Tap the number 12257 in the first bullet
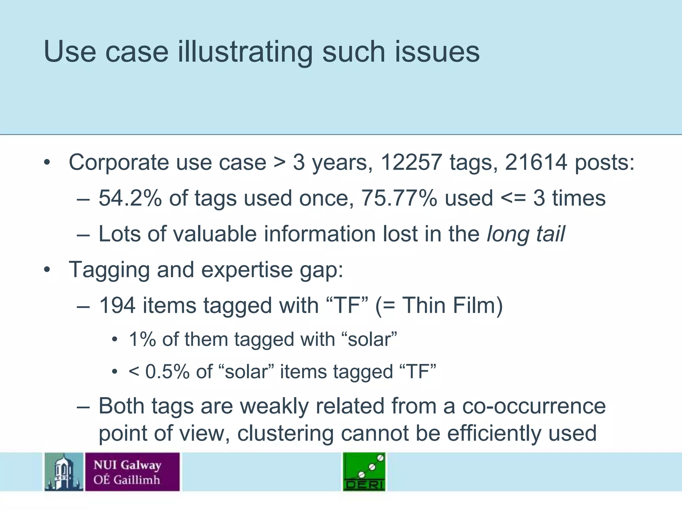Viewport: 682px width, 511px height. pos(411,163)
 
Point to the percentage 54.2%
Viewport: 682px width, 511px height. pos(130,198)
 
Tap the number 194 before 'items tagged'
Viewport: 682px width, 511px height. pos(117,305)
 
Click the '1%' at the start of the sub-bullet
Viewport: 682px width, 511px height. pos(142,340)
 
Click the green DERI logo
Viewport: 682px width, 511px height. pos(364,472)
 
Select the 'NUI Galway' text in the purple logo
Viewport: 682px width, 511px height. pos(128,465)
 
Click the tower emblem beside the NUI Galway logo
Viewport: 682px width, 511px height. pos(64,472)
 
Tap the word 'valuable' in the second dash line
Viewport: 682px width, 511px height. pos(215,234)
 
